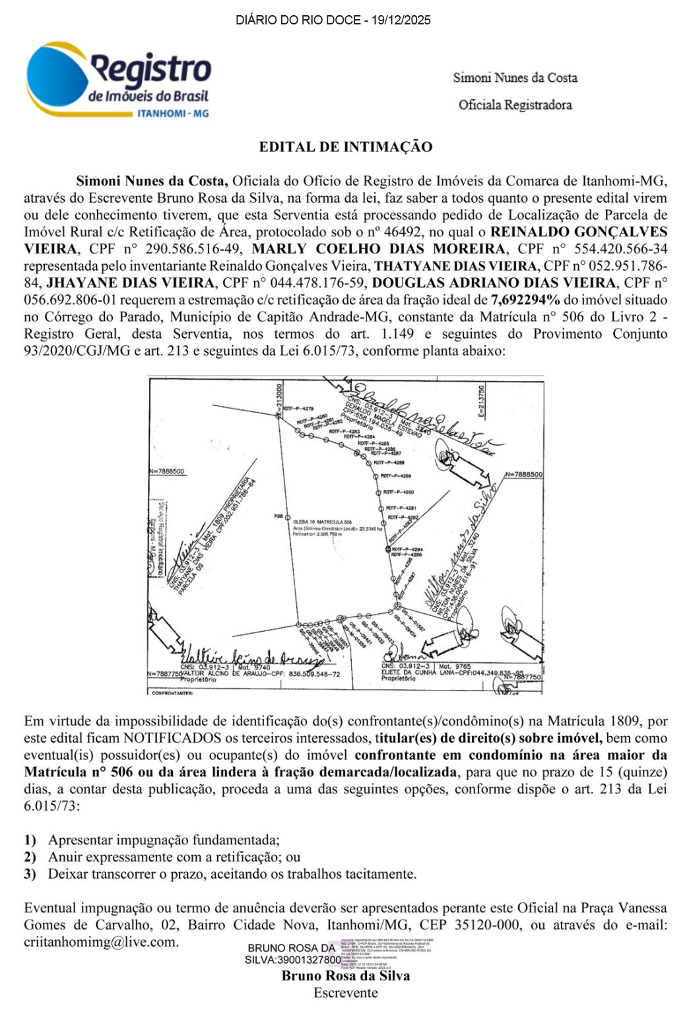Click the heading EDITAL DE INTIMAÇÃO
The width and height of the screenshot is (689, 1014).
tap(345, 147)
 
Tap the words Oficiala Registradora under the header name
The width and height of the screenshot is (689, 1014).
tap(515, 104)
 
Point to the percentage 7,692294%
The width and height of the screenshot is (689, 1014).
tap(525, 300)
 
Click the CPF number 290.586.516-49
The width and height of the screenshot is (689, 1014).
tap(179, 249)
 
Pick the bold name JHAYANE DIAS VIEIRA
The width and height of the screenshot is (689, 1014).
tap(131, 283)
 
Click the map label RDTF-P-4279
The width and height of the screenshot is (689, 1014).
tap(298, 409)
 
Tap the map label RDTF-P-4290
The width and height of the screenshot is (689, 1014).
tap(399, 492)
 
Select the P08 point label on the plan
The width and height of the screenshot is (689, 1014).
tap(279, 516)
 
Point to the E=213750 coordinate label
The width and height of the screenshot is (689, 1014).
tap(482, 401)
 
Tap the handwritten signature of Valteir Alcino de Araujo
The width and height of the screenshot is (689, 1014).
tap(251, 656)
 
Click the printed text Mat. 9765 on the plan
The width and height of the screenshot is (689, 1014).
tap(455, 667)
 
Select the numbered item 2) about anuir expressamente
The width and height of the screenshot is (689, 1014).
tap(162, 857)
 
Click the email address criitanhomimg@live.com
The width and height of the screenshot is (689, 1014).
tap(101, 942)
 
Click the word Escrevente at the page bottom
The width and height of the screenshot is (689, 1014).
tap(345, 993)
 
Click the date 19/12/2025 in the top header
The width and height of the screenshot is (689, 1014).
tap(401, 20)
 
